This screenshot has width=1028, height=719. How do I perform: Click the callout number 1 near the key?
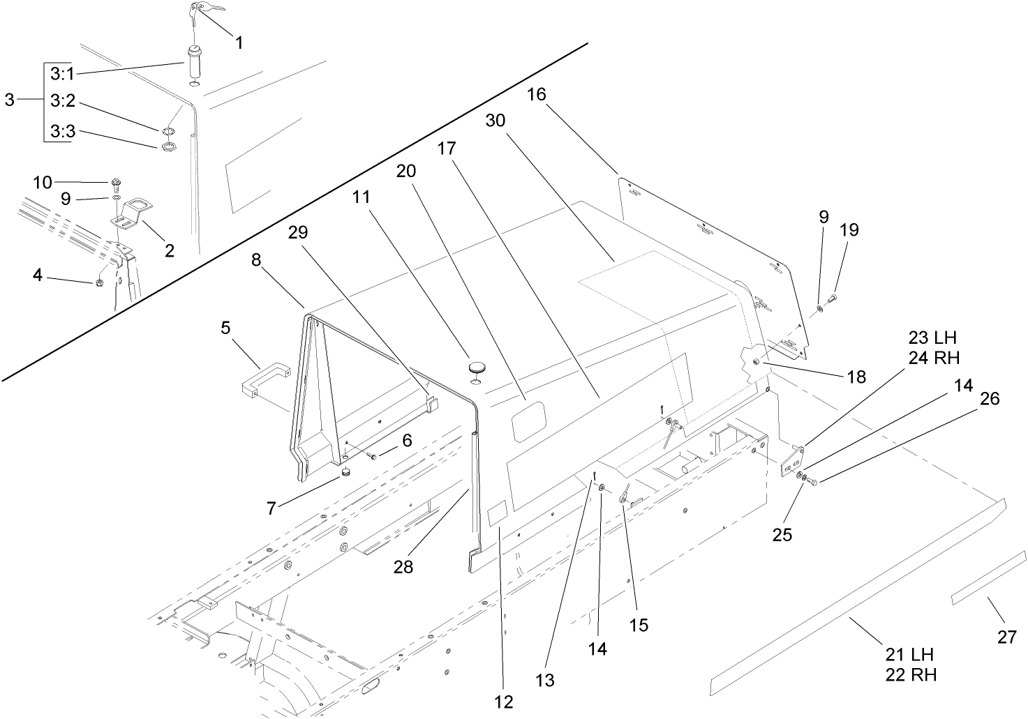(239, 43)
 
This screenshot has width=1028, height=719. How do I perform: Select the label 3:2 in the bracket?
(62, 101)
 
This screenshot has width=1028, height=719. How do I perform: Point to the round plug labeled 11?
(476, 366)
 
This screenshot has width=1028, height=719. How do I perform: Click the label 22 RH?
(911, 674)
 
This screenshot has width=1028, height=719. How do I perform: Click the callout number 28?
(403, 566)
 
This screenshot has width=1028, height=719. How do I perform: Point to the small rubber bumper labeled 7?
(345, 475)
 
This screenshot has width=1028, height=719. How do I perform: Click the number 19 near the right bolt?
(849, 230)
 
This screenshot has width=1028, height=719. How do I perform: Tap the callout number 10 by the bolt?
(43, 182)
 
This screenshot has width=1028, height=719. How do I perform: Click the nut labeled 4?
(98, 282)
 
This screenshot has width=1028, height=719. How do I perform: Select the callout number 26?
(989, 398)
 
